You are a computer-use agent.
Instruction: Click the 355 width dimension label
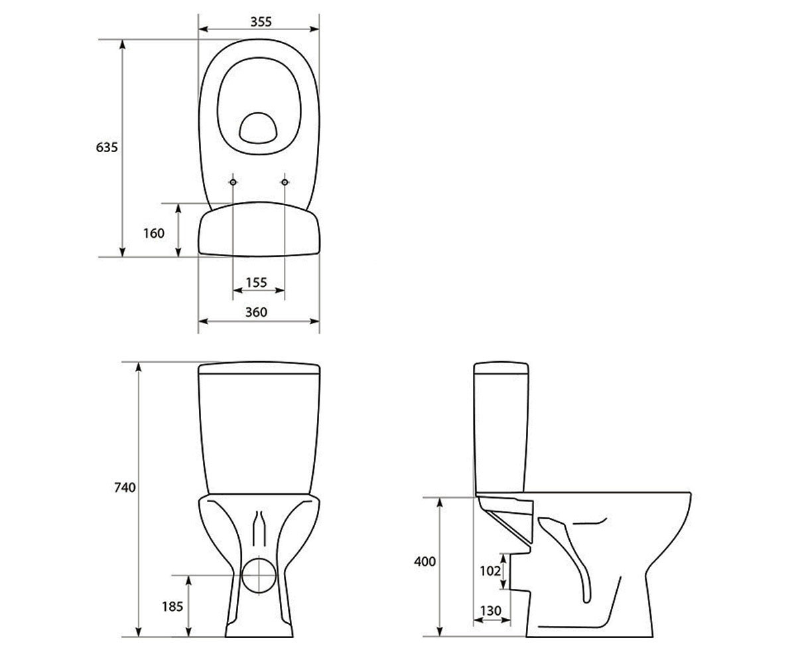261,22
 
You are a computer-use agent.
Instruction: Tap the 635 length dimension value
107,147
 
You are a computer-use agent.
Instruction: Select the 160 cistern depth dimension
154,233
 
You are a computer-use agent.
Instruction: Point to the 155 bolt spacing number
257,282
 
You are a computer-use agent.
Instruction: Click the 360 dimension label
256,312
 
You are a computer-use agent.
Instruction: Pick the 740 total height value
125,487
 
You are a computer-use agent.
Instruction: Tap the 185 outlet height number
172,606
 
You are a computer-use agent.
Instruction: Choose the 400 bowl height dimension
425,561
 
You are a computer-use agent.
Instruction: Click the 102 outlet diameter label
490,570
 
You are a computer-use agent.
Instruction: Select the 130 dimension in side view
491,611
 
